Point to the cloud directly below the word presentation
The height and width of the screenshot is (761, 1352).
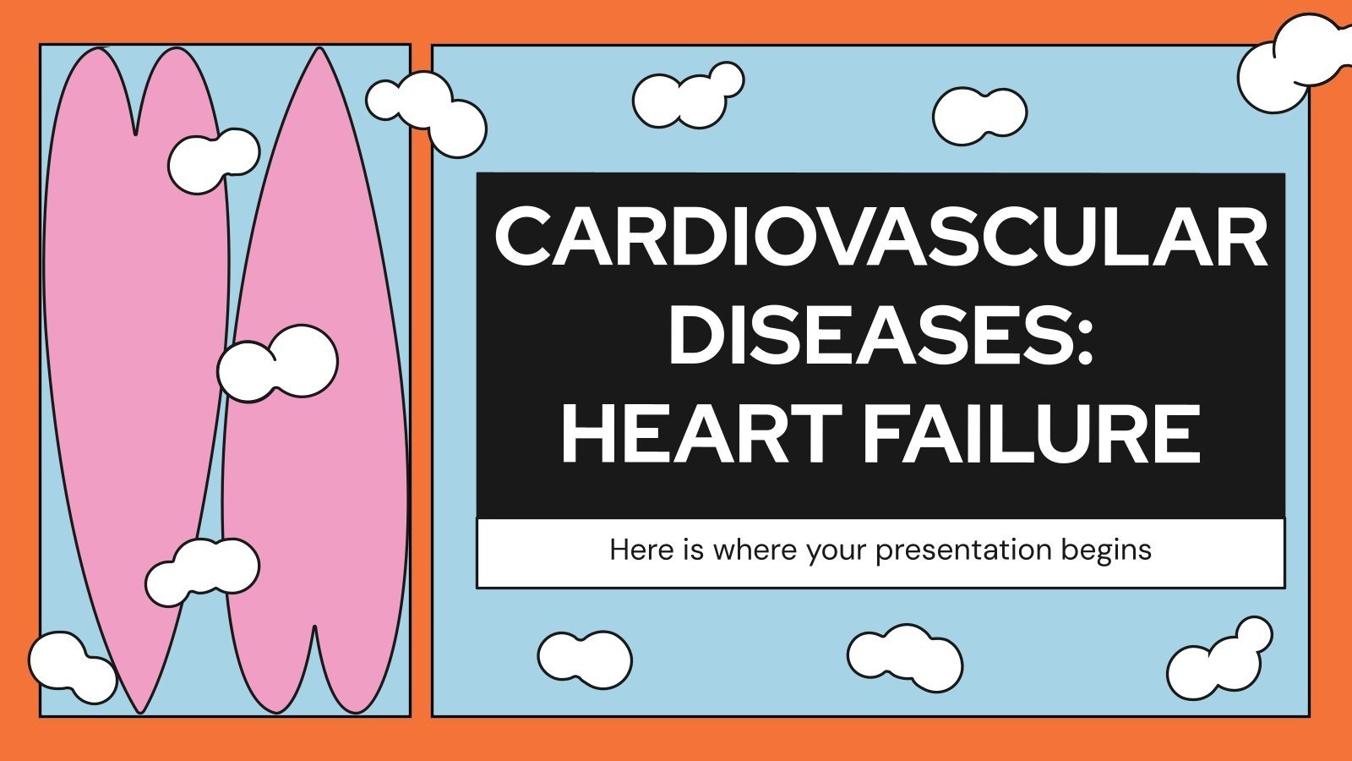click(905, 658)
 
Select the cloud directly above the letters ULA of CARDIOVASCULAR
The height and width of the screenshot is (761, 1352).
click(979, 115)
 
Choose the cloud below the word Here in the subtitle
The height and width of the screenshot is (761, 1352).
click(584, 658)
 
